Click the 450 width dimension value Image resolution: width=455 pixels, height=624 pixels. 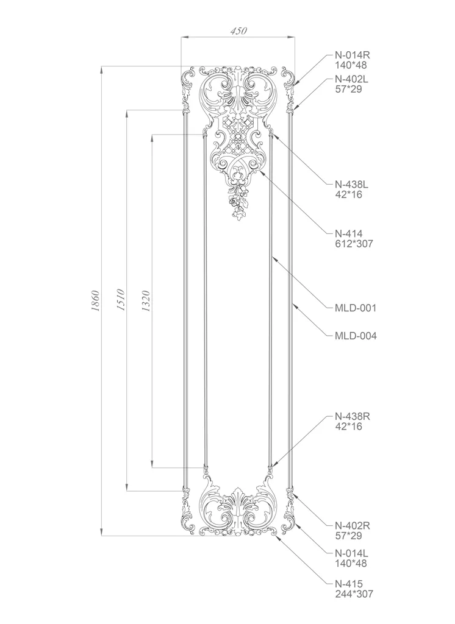[238, 30]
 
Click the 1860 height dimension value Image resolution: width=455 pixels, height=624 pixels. [95, 301]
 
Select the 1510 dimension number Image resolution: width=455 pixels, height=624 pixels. [121, 300]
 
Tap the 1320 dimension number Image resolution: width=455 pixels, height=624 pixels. [146, 301]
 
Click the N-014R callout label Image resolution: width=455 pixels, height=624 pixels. [352, 55]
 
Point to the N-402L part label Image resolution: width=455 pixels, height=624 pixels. [351, 79]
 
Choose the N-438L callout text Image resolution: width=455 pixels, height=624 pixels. [351, 185]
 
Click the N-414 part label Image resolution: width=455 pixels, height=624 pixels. [349, 233]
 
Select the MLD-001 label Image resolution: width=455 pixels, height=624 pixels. [356, 308]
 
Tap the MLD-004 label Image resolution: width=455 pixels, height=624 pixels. [356, 336]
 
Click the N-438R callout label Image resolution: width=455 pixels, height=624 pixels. [352, 417]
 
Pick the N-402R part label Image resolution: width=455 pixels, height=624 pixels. [352, 526]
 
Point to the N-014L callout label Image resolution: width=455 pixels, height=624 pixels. [351, 553]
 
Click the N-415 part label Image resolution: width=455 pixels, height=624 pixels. [349, 584]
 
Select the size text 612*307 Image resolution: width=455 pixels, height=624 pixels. [354, 244]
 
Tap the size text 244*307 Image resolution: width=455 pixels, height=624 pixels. [354, 594]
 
